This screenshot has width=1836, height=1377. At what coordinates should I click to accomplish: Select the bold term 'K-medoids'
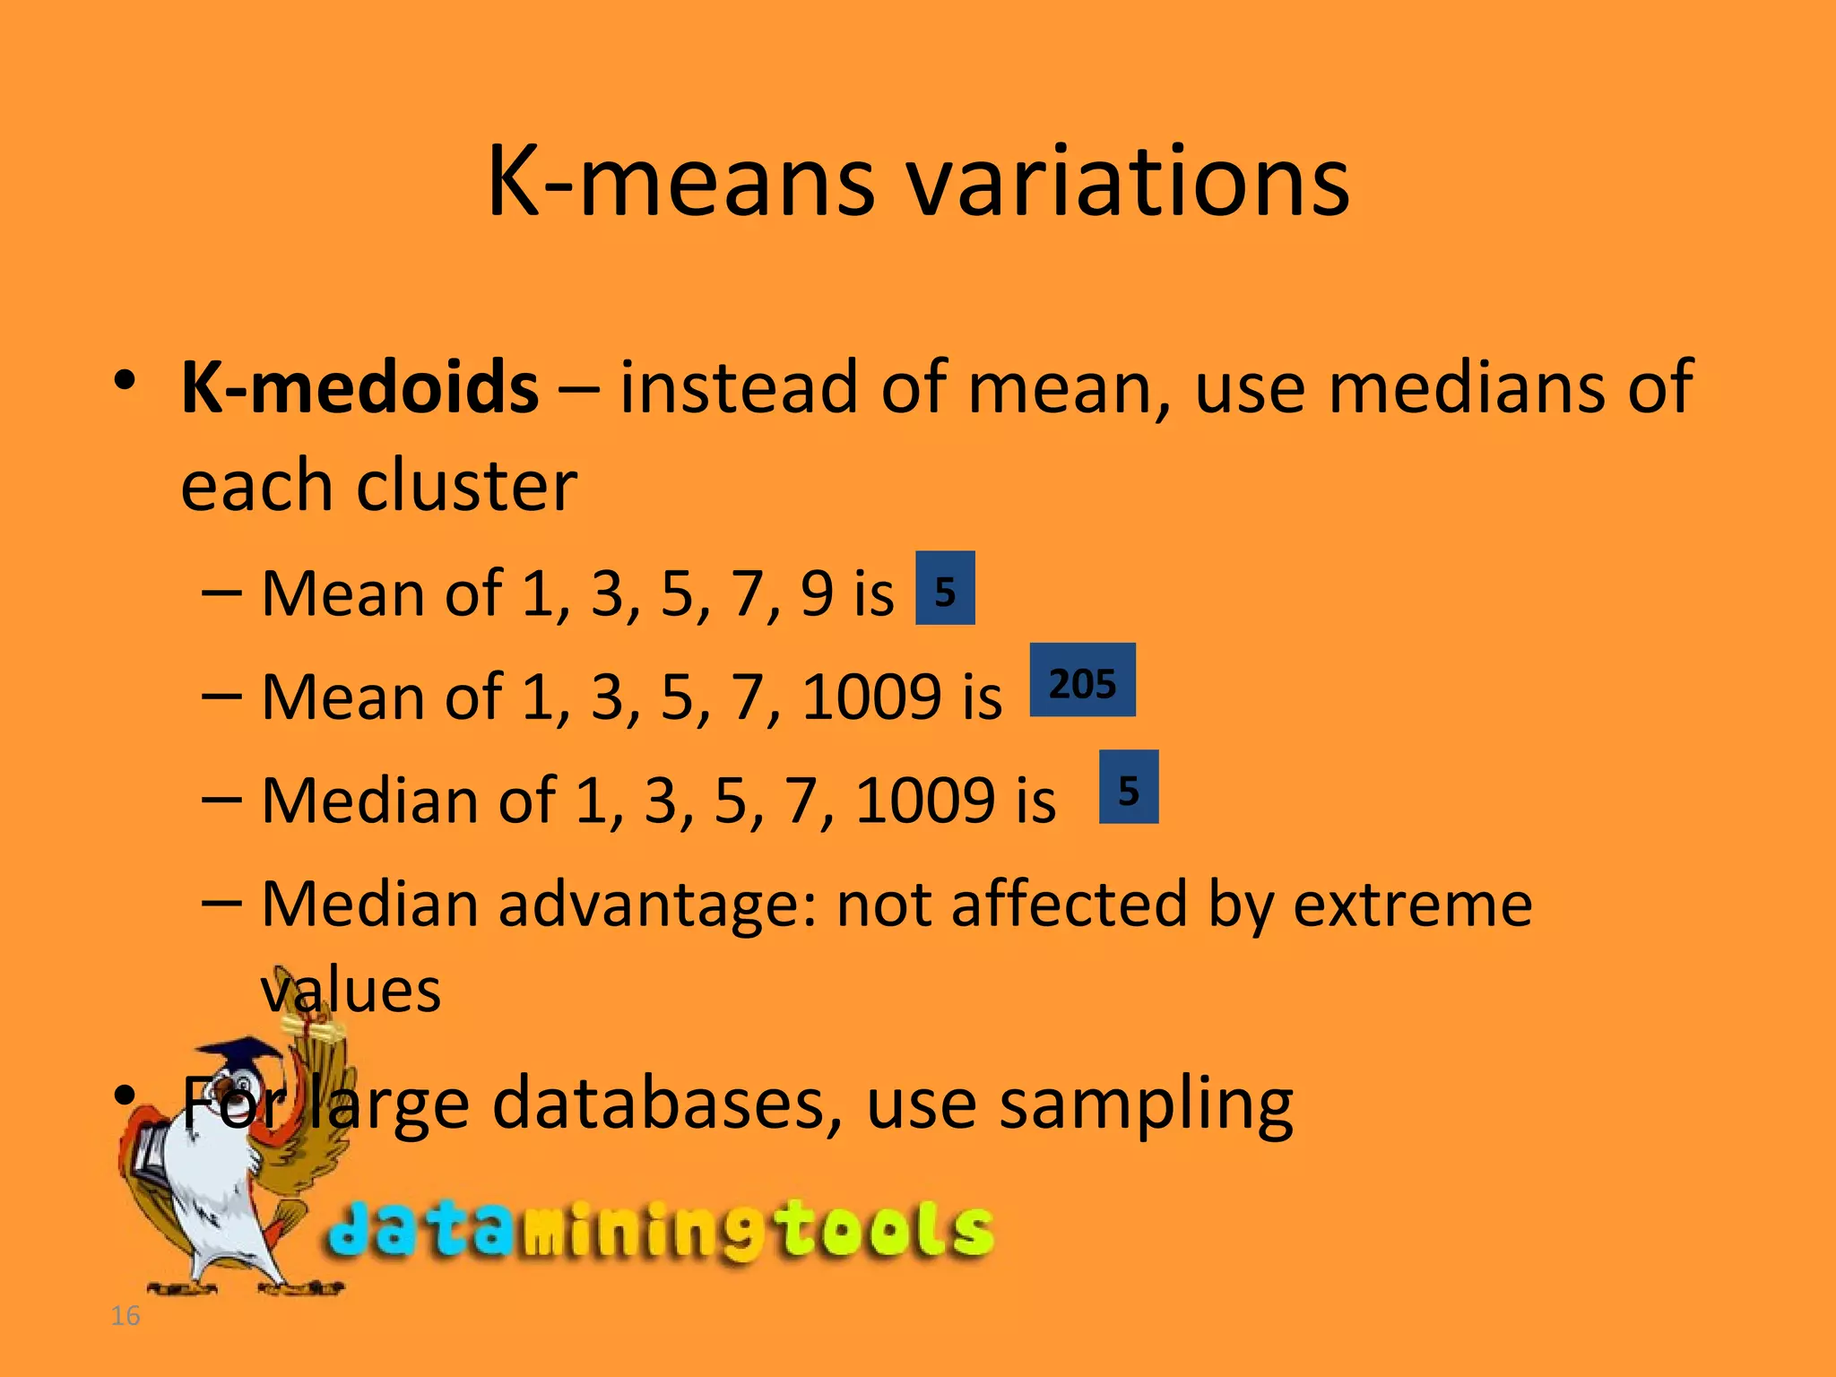(x=359, y=387)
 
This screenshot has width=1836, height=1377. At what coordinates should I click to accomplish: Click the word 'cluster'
(x=466, y=487)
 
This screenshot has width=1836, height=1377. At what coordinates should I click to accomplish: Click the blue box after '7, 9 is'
(x=945, y=588)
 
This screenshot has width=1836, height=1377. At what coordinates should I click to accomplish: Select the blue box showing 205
(x=1082, y=680)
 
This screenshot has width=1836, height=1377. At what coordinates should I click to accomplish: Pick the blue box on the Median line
(x=1129, y=787)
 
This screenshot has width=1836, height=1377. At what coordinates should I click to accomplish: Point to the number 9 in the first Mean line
(x=817, y=593)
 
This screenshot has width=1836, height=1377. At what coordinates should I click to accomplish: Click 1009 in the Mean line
(x=871, y=697)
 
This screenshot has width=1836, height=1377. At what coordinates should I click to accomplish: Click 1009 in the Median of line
(x=924, y=801)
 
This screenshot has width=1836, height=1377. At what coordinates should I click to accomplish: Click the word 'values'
(x=351, y=991)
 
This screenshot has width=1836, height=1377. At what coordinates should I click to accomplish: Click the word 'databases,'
(x=668, y=1103)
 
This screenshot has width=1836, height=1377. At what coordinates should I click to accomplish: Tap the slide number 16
(x=126, y=1315)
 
